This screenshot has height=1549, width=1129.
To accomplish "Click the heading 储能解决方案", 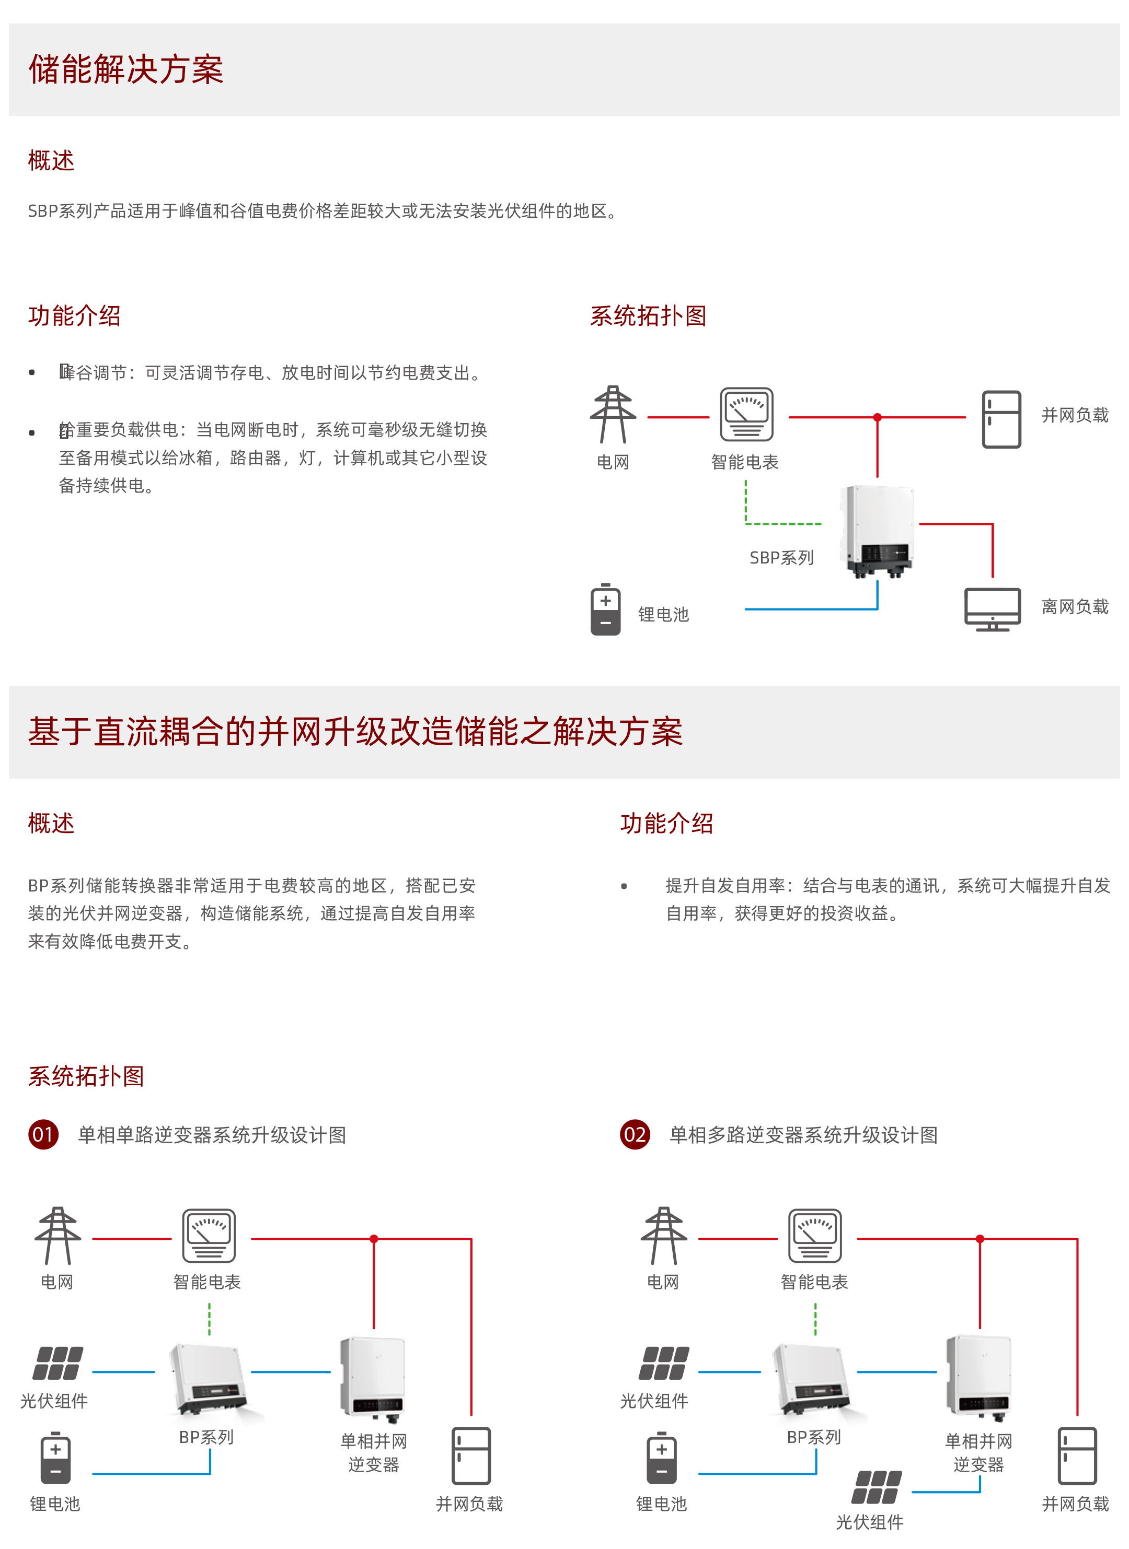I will click(x=126, y=69).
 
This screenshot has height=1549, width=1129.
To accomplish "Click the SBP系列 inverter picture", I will click(x=879, y=531).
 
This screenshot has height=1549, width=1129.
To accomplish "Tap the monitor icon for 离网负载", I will click(x=992, y=609).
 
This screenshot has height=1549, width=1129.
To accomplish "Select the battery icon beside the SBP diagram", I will click(x=605, y=609).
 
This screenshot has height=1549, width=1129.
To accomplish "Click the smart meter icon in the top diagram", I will click(x=746, y=415).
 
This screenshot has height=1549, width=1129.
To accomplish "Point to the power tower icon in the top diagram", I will click(x=613, y=415).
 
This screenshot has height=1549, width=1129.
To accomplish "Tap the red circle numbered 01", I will click(x=43, y=1134).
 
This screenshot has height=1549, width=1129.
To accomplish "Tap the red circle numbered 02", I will click(x=635, y=1134).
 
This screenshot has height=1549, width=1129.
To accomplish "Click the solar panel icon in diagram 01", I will click(x=58, y=1363).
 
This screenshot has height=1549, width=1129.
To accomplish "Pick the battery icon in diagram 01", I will click(x=55, y=1458).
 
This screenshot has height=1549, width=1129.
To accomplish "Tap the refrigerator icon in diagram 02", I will click(x=1077, y=1456).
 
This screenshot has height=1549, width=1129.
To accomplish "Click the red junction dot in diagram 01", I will click(x=374, y=1239).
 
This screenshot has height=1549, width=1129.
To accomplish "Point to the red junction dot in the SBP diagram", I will click(x=878, y=417).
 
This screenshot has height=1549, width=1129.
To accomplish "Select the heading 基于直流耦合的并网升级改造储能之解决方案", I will click(x=355, y=732).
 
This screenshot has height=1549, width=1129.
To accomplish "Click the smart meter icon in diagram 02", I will click(x=815, y=1236).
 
